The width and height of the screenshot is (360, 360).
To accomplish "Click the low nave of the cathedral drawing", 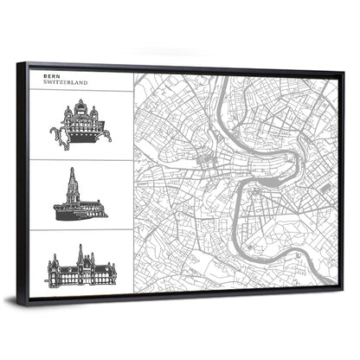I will pos(89,209).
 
